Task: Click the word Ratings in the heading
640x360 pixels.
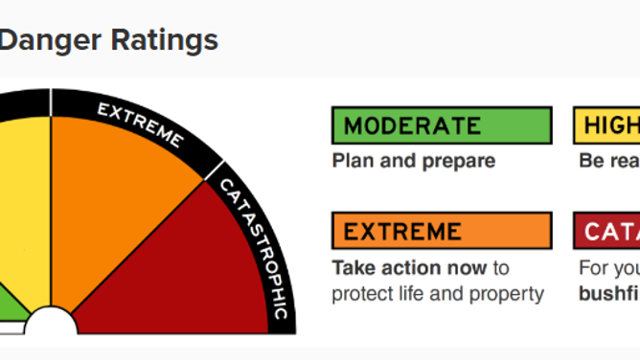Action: [x=158, y=40]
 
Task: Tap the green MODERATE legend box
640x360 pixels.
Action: [x=441, y=125]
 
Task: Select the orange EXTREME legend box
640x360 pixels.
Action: [x=441, y=231]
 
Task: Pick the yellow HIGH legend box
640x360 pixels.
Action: [x=607, y=125]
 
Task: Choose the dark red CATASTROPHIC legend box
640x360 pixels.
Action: [x=607, y=231]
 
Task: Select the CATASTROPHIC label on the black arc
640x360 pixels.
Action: [x=253, y=239]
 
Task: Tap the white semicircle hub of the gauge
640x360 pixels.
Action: [x=50, y=326]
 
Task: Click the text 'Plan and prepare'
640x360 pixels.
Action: [x=413, y=161]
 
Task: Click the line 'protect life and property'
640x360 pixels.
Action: [x=438, y=293]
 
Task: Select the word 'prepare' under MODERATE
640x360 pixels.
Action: [x=458, y=161]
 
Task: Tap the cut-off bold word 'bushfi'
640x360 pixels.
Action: [x=609, y=293]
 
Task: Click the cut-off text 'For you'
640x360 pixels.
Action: [x=609, y=267]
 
